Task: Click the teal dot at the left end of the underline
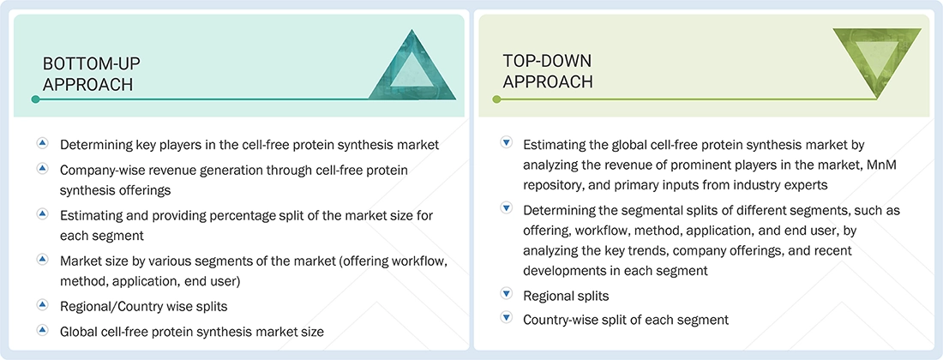pos(35,99)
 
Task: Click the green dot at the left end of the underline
pos(496,99)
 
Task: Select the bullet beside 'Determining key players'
pos(42,144)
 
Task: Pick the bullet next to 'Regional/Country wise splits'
pos(42,303)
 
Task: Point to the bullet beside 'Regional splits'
pos(506,294)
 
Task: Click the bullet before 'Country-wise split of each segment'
pos(506,318)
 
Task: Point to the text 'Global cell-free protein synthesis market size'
pos(191,331)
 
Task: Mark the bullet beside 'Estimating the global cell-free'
pos(506,144)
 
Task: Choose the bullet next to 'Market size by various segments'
pos(42,258)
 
